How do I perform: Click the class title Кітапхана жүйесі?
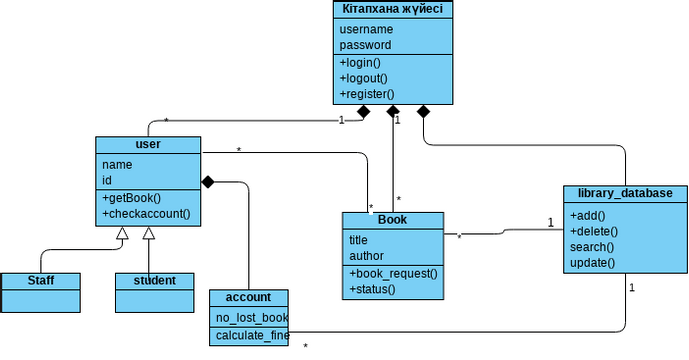point(392,9)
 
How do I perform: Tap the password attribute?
point(365,45)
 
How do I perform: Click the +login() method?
point(360,63)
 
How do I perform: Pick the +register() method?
point(366,94)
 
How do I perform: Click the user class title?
point(147,144)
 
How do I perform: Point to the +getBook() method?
point(131,198)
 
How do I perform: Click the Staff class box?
point(40,280)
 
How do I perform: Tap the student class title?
point(154,280)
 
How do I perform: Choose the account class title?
point(248,297)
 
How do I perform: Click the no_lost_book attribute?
point(252,318)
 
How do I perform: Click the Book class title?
point(392,219)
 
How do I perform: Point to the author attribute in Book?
point(366,256)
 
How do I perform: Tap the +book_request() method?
point(393,273)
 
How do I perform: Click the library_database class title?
point(625,193)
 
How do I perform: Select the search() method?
point(592,247)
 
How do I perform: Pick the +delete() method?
point(595,231)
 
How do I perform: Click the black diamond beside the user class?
point(209,182)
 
